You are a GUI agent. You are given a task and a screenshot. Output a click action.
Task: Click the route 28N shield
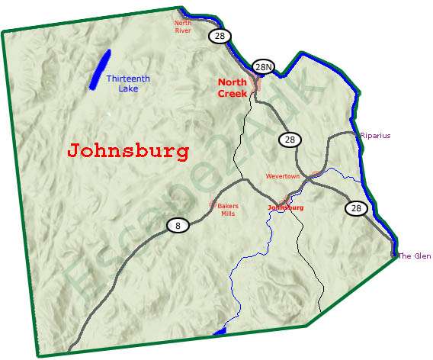pos(264,67)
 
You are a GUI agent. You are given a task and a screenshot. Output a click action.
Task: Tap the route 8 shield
pos(178,225)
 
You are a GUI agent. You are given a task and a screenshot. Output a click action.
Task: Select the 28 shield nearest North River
pos(220,36)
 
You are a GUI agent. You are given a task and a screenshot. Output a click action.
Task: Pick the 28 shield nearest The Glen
pos(356,207)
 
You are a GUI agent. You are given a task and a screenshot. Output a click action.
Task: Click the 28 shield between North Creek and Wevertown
pos(290,139)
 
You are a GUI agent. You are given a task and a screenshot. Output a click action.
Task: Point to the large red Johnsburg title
pos(128,151)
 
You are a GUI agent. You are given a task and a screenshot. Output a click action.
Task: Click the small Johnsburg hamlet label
pos(286,207)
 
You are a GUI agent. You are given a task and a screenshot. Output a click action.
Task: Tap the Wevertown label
pos(284,176)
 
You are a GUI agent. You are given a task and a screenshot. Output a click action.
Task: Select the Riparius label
pos(375,136)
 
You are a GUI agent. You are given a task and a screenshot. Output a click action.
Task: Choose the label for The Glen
pos(415,256)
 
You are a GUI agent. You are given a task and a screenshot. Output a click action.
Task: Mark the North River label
pos(183,27)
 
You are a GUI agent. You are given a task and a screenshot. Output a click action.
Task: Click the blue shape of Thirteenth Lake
pos(99,69)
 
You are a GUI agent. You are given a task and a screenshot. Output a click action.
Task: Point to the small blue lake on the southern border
pos(220,332)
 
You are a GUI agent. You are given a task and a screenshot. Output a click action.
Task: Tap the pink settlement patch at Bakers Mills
pos(213,204)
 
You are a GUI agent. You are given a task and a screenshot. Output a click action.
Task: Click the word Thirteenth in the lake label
pos(128,79)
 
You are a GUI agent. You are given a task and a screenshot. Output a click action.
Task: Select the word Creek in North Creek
pos(232,93)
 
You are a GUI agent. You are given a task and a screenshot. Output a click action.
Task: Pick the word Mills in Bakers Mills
pos(228,214)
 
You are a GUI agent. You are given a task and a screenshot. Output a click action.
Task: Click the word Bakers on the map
pos(229,206)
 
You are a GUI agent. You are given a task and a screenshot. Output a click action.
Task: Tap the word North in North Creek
pos(232,82)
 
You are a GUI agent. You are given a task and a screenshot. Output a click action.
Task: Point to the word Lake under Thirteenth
pos(128,88)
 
